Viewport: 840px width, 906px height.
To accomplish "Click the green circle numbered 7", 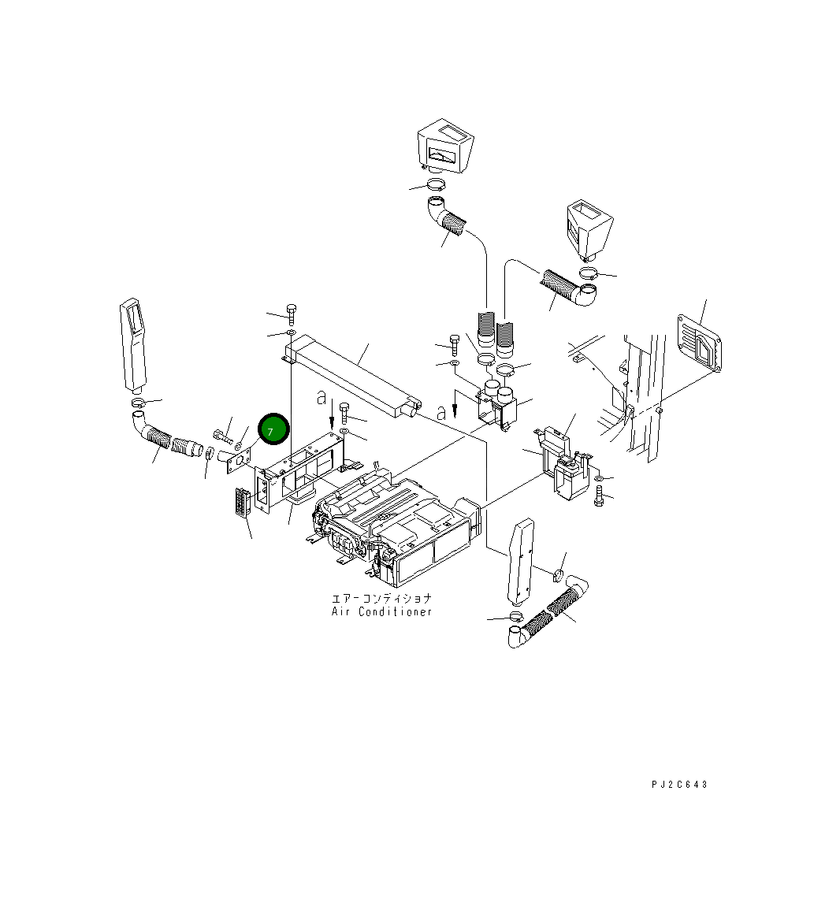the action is coord(273,429).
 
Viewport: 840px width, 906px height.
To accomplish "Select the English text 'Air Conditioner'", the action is coord(381,611).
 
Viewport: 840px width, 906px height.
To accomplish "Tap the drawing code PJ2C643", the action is coord(679,784).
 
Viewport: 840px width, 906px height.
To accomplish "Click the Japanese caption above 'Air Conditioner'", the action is coord(381,599).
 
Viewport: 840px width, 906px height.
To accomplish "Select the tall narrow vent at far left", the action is coord(133,345).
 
